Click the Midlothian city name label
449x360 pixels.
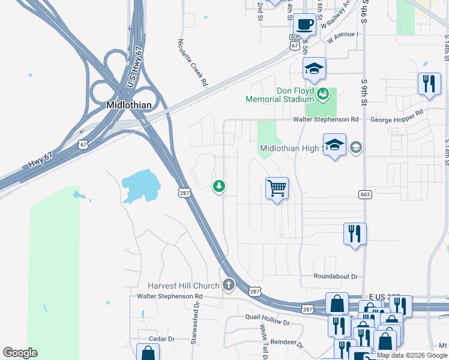(x=128, y=104)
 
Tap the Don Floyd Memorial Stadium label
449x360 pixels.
(x=279, y=95)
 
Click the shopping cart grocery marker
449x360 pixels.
(x=277, y=188)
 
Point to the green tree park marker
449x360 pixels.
(x=220, y=187)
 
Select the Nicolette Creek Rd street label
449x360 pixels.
(x=192, y=63)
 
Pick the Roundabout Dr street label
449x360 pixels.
(x=336, y=276)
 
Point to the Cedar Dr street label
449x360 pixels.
(x=161, y=339)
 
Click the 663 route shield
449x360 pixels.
(x=364, y=194)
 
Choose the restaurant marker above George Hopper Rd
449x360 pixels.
(x=429, y=84)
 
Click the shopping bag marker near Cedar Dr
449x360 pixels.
(x=148, y=353)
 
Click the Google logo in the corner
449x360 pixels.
(x=20, y=353)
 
